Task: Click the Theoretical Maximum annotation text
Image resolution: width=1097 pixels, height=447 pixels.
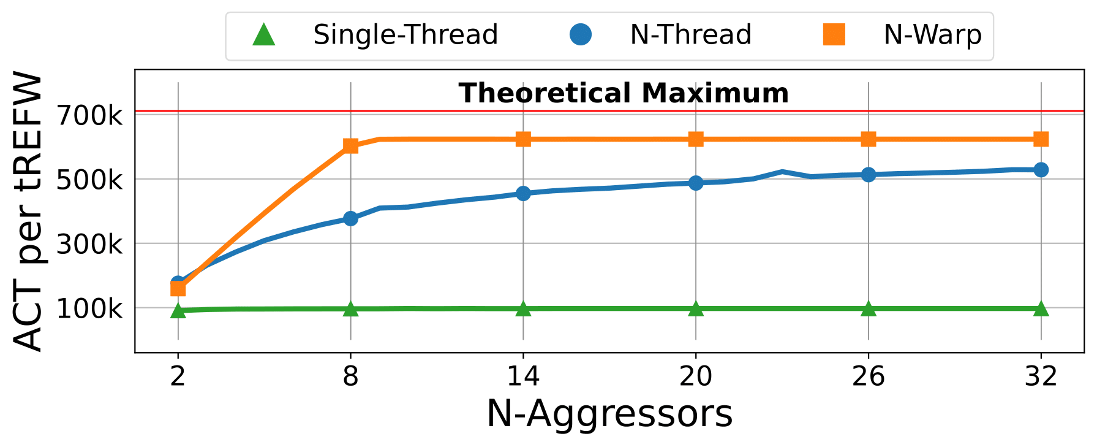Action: (x=624, y=93)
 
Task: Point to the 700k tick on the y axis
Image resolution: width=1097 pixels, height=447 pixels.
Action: (x=90, y=115)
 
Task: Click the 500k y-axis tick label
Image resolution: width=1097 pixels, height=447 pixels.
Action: (x=90, y=180)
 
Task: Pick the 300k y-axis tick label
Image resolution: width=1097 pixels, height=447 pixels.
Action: (x=90, y=244)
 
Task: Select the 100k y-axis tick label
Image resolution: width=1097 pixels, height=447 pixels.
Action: (x=90, y=308)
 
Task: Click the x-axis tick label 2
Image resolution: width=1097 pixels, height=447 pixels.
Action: (x=178, y=375)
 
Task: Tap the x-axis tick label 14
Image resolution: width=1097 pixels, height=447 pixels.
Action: (x=523, y=375)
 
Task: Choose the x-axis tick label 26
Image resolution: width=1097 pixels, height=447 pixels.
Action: (x=868, y=375)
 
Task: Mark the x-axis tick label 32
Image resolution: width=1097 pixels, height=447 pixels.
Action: (x=1041, y=375)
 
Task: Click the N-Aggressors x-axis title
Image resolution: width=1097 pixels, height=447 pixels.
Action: (x=609, y=414)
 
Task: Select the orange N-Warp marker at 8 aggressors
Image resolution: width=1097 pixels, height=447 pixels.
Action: (x=350, y=146)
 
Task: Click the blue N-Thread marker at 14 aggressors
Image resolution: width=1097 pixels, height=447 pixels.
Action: (x=523, y=193)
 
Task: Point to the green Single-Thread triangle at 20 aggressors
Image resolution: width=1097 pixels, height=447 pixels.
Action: (x=696, y=308)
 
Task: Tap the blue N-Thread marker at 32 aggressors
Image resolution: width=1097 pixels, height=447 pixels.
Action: (x=1041, y=170)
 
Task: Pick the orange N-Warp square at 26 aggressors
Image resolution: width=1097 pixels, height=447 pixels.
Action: (x=868, y=139)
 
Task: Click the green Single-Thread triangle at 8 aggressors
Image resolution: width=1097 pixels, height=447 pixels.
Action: (x=350, y=309)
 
